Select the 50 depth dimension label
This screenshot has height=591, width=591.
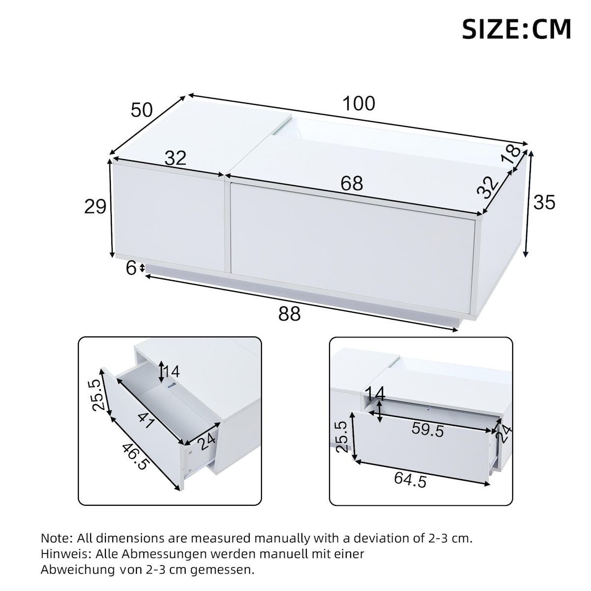tap(141, 110)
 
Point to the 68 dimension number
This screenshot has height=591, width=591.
tap(352, 184)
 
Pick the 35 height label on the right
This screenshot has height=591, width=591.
tap(544, 202)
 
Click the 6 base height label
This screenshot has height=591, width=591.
tap(131, 268)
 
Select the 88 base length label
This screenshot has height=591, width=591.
tap(289, 314)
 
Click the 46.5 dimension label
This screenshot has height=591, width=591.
tap(133, 456)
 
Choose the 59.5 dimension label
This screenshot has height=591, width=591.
tap(427, 430)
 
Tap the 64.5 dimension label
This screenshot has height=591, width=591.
tap(410, 479)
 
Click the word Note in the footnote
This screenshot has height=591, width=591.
tap(57, 538)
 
